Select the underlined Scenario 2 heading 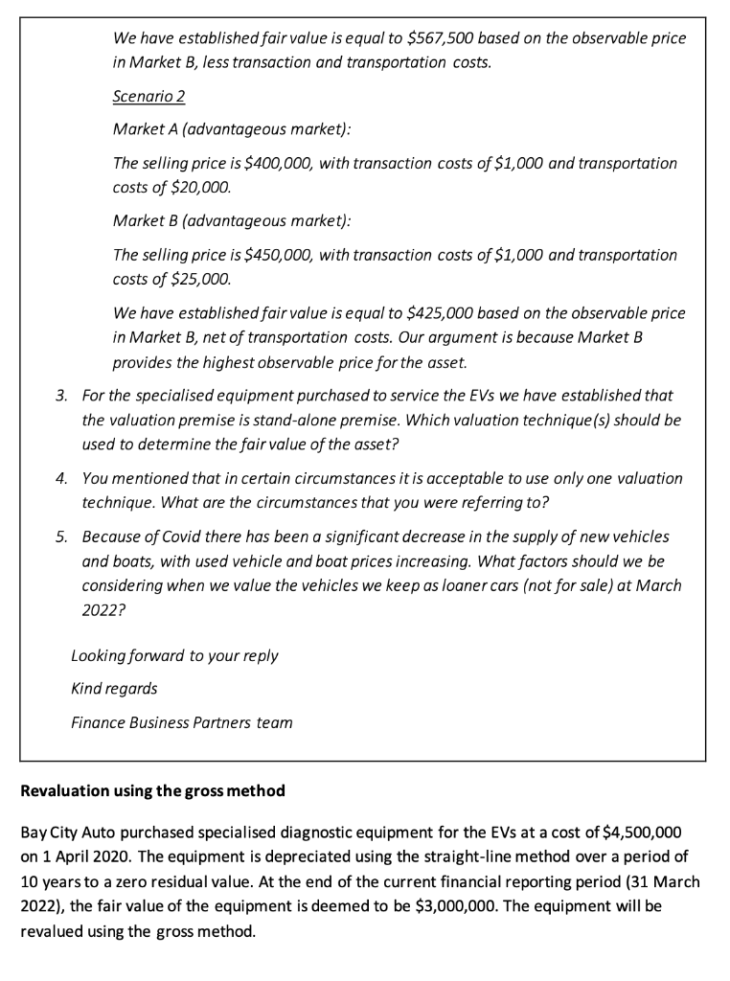148,98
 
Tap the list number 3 60,395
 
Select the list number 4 60,477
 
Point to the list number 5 60,536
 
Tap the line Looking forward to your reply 174,656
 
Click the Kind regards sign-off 115,689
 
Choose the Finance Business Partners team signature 181,722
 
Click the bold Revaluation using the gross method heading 152,792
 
